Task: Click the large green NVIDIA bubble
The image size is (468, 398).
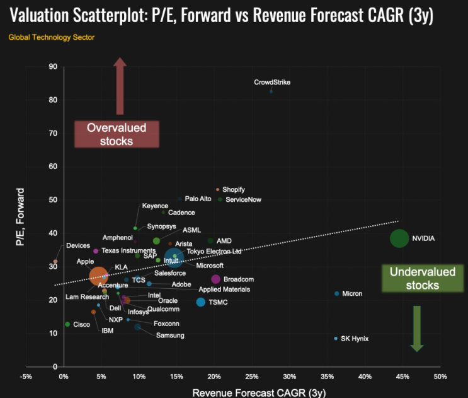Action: click(x=399, y=238)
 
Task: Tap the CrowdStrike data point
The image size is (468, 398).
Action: click(x=271, y=91)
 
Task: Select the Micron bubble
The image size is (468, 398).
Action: click(x=337, y=294)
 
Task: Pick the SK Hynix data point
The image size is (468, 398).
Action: click(x=336, y=339)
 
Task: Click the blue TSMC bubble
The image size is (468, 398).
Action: click(x=201, y=302)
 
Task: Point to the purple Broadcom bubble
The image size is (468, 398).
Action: click(x=215, y=279)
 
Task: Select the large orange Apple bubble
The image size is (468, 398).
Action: click(x=99, y=276)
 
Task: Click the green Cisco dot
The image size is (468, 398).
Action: click(x=67, y=324)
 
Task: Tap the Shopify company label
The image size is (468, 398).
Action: click(x=233, y=189)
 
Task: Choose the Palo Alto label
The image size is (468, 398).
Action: click(x=198, y=199)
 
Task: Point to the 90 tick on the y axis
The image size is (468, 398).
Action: click(x=53, y=67)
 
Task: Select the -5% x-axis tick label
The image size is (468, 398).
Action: click(x=26, y=377)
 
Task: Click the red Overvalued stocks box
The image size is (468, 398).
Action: click(x=116, y=134)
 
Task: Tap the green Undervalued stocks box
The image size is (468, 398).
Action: click(x=414, y=278)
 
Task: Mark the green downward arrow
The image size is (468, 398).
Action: click(x=416, y=328)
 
